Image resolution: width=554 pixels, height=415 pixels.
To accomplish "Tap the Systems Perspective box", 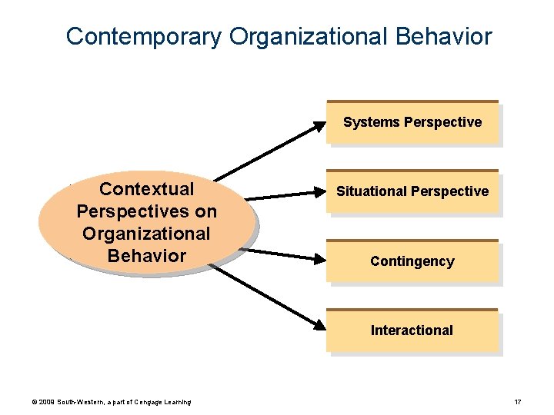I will tap(412, 122).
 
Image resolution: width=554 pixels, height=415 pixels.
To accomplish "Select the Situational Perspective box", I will tap(412, 191).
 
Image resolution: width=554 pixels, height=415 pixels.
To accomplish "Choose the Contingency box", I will tap(412, 261).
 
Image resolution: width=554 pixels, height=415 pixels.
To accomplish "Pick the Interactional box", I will tap(412, 330).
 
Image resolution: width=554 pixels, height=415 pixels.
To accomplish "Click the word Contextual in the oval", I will tap(147, 189).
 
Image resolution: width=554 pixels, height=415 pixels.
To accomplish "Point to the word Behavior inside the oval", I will tap(147, 255).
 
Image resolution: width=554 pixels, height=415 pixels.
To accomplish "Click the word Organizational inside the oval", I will tap(147, 233).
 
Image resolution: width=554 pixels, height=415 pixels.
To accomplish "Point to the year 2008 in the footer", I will tap(44, 402).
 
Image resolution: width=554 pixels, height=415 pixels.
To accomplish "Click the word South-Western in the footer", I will tap(79, 402).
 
